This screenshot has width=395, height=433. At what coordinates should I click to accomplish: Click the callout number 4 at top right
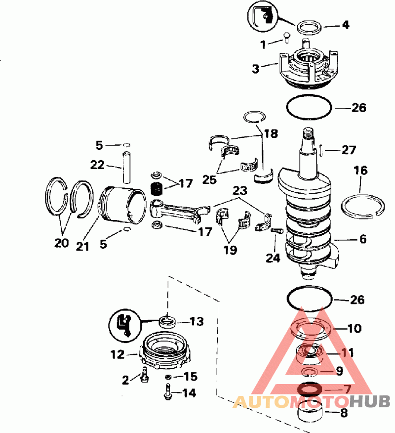[x=346, y=25]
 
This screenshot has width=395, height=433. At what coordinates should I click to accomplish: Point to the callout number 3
[x=256, y=69]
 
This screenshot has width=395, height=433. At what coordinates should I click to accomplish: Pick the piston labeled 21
[x=123, y=205]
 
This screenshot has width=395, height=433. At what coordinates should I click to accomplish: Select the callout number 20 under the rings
[x=62, y=243]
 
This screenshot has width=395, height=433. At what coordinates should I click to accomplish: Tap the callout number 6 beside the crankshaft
[x=363, y=239]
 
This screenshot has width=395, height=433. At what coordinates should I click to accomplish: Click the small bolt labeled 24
[x=276, y=230]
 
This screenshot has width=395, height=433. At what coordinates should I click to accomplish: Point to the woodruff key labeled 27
[x=321, y=151]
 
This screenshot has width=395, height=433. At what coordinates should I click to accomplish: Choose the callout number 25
[x=209, y=180]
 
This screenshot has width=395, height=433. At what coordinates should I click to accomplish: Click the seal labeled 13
[x=167, y=321]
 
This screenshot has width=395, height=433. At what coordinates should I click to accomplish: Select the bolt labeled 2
[x=144, y=375]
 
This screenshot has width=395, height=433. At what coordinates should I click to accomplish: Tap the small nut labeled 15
[x=168, y=377]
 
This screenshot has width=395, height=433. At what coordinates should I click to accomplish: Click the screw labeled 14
[x=168, y=392]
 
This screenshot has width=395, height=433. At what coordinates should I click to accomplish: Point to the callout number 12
[x=118, y=354]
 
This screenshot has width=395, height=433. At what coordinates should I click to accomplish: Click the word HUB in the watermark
[x=370, y=401]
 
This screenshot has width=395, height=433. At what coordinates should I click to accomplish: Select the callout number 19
[x=230, y=250]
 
